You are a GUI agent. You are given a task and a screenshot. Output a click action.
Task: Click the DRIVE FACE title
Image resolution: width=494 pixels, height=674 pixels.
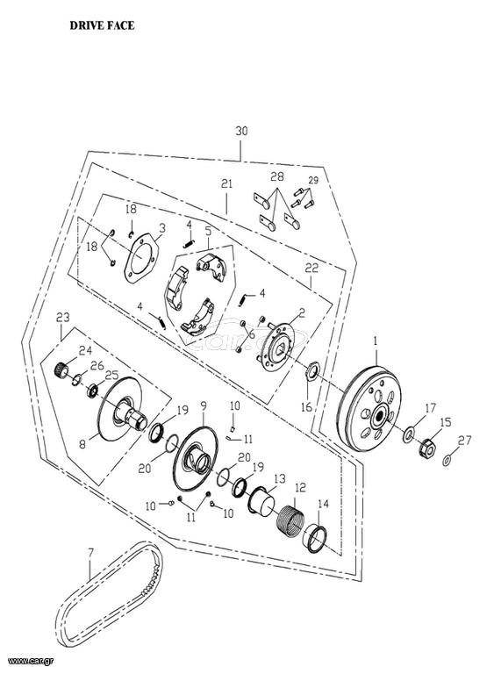click(102, 25)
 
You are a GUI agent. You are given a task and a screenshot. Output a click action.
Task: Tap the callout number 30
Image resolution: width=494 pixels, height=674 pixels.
click(241, 131)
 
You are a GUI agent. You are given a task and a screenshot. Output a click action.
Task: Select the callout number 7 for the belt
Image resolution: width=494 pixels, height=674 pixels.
click(89, 551)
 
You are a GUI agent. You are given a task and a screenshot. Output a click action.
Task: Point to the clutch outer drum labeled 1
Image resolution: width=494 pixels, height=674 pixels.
click(369, 408)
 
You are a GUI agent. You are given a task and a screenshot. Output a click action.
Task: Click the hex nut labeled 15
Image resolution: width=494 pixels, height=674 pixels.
click(427, 448)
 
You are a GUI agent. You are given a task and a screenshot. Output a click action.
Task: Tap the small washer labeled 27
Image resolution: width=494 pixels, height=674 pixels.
click(447, 461)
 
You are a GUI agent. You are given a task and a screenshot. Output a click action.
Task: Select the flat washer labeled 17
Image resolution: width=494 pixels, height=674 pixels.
click(408, 434)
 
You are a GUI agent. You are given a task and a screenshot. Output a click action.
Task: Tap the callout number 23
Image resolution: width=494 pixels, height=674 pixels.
click(63, 318)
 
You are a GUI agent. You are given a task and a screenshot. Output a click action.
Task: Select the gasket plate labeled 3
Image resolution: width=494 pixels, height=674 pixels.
click(141, 258)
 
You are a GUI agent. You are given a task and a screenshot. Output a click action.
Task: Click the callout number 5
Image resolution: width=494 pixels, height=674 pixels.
click(208, 231)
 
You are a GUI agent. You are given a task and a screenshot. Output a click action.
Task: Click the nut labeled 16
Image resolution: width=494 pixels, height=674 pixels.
click(312, 370)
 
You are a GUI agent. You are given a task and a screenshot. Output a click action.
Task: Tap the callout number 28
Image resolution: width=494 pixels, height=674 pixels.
click(277, 176)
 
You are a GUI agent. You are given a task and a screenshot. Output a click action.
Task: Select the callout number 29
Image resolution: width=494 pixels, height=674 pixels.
click(313, 180)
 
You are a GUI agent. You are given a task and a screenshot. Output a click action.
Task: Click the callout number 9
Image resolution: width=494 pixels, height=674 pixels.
click(204, 405)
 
